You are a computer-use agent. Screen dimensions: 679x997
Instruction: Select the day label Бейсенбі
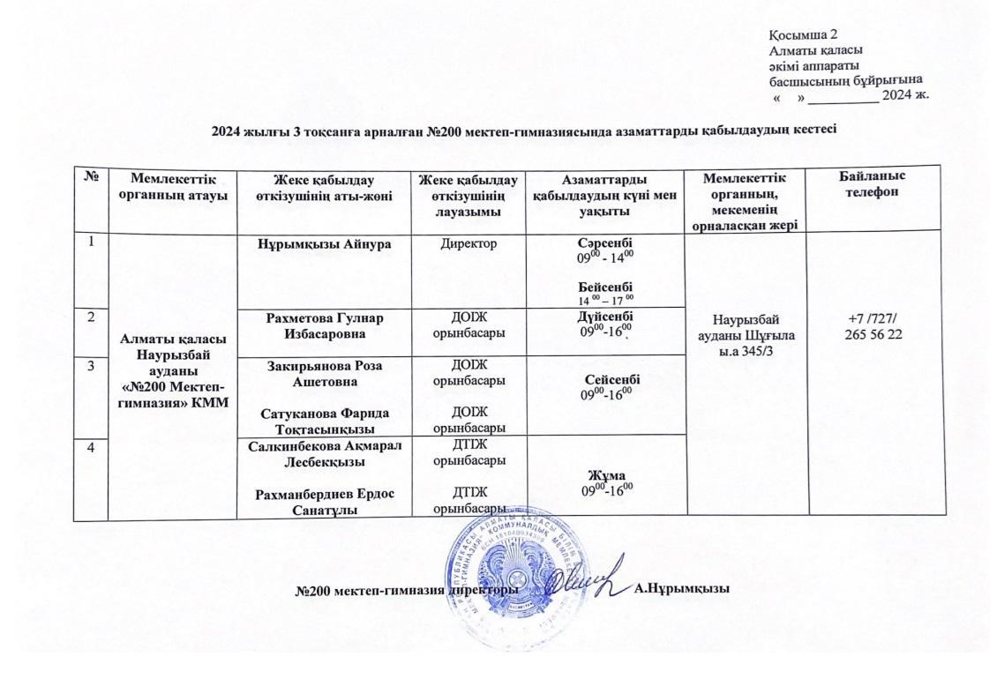(x=604, y=287)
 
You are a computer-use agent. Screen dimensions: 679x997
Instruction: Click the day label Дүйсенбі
(x=604, y=317)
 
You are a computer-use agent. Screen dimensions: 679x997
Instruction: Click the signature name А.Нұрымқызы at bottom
(x=682, y=588)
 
